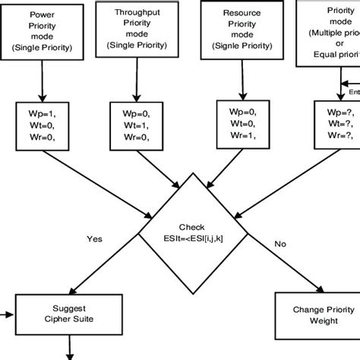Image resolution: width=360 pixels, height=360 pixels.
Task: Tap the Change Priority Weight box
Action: (x=312, y=315)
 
